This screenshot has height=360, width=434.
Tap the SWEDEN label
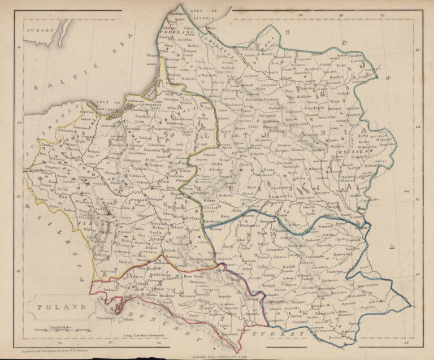[x=41, y=29]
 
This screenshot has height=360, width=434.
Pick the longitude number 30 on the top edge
[x=340, y=15]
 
